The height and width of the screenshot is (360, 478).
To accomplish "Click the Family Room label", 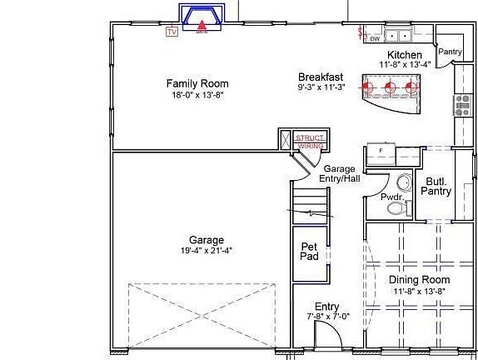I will (x=197, y=83).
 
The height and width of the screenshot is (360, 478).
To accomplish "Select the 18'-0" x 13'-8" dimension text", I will (x=197, y=94).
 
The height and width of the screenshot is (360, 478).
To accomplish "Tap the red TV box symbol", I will (x=172, y=32).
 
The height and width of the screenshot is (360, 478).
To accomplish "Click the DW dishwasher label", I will (x=375, y=38).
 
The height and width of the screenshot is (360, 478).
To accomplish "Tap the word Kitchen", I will (x=405, y=54).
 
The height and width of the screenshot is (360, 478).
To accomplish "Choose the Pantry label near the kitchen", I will (x=450, y=52).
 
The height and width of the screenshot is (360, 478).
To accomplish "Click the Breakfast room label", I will (x=321, y=77).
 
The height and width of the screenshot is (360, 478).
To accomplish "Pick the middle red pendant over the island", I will (x=390, y=85).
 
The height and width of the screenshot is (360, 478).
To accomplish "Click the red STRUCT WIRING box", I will (x=309, y=141).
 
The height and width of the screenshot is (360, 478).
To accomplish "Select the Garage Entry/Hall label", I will (x=341, y=173).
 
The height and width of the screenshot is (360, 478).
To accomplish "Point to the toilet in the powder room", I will (x=403, y=182).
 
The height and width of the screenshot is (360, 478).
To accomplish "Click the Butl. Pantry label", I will (x=438, y=186).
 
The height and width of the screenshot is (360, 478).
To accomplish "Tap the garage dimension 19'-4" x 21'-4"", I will (x=206, y=250).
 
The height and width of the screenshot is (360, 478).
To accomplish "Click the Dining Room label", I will (x=419, y=280).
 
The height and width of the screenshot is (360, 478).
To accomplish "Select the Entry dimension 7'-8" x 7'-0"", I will (x=326, y=317).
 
